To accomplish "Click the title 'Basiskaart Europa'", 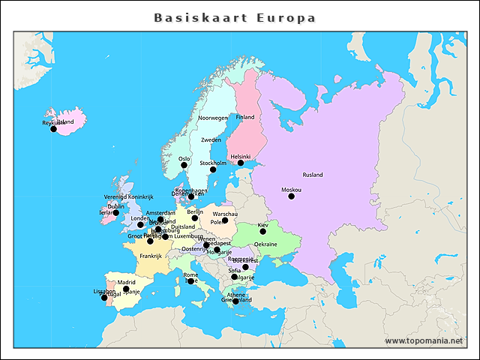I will pyautogui.click(x=235, y=17).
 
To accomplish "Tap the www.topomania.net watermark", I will pyautogui.click(x=424, y=340).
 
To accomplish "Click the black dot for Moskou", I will pyautogui.click(x=291, y=196).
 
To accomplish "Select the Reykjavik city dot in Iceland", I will pyautogui.click(x=53, y=129).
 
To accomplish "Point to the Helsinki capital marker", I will pyautogui.click(x=241, y=163).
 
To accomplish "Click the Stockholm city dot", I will pyautogui.click(x=213, y=169).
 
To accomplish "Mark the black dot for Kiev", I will pyautogui.click(x=262, y=232).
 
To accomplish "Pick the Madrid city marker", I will pyautogui.click(x=126, y=289).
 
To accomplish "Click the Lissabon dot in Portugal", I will pyautogui.click(x=104, y=298).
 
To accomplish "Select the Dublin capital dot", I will pyautogui.click(x=115, y=213).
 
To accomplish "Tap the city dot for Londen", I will pyautogui.click(x=140, y=225).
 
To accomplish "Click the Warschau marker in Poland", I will pyautogui.click(x=225, y=220).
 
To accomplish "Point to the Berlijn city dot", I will pyautogui.click(x=195, y=218).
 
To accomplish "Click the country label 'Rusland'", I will pyautogui.click(x=312, y=175).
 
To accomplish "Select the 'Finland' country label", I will pyautogui.click(x=245, y=117).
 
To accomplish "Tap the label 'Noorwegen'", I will pyautogui.click(x=213, y=118).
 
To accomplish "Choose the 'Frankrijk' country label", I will pyautogui.click(x=151, y=256).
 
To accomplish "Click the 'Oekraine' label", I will pyautogui.click(x=265, y=244).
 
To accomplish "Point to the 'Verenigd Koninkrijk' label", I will pyautogui.click(x=128, y=196).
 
